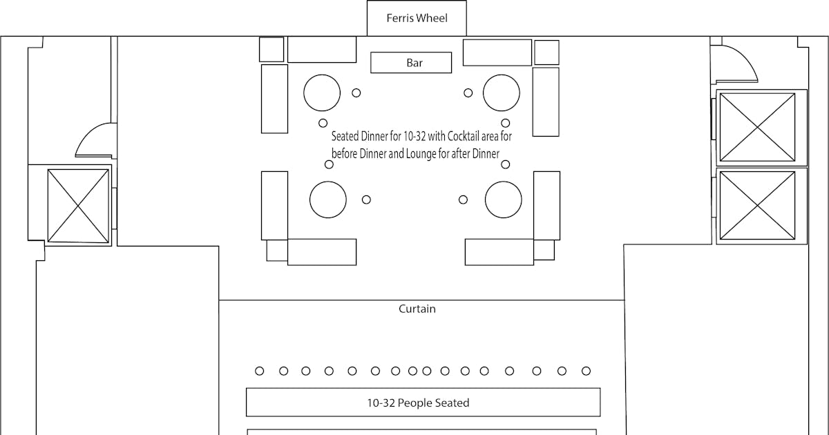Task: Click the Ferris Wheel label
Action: pyautogui.click(x=417, y=18)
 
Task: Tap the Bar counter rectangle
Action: pyautogui.click(x=411, y=63)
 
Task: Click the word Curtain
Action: pyautogui.click(x=417, y=309)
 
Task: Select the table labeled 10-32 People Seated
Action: pyautogui.click(x=423, y=402)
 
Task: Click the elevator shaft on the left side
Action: pyautogui.click(x=78, y=206)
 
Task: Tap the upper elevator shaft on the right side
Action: pyautogui.click(x=757, y=127)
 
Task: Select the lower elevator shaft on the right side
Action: pyautogui.click(x=757, y=205)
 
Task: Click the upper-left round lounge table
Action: pyautogui.click(x=322, y=93)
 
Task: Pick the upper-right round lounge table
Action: pyautogui.click(x=502, y=93)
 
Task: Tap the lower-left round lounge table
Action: pyautogui.click(x=328, y=200)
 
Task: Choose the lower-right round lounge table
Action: pyautogui.click(x=504, y=200)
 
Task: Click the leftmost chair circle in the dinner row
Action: pyautogui.click(x=260, y=371)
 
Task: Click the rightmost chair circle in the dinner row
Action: pyautogui.click(x=586, y=371)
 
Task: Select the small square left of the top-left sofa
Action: pyautogui.click(x=271, y=50)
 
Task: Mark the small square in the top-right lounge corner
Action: pyautogui.click(x=546, y=52)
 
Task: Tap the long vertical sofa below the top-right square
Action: pyautogui.click(x=546, y=101)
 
